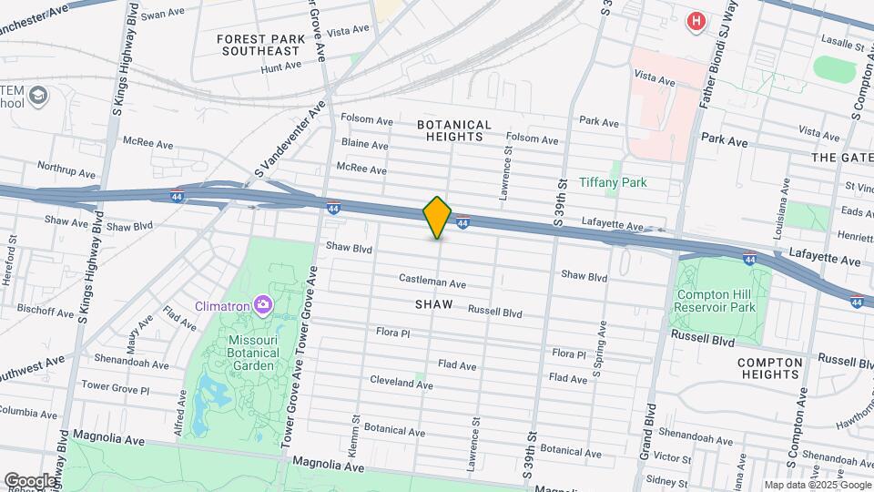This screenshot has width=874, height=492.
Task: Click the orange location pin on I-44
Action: pos(437,218)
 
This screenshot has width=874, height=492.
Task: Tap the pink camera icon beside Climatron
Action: pos(263,303)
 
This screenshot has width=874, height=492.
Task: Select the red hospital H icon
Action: pos(696,20)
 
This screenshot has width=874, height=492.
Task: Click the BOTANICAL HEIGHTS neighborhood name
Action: pos(454,130)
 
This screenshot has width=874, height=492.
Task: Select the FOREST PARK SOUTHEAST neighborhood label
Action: pos(259,45)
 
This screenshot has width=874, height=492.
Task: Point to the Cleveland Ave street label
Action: pos(401,383)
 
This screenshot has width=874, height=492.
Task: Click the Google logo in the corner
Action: pos(29,481)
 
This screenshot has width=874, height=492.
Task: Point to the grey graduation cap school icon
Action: pos(37,95)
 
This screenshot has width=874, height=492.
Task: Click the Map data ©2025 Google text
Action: pos(817,485)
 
